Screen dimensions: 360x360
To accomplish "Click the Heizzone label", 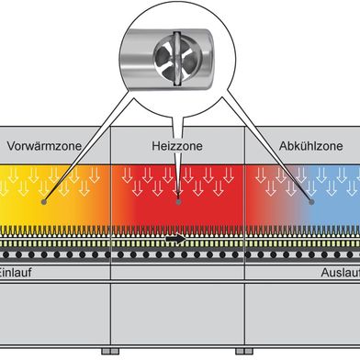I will click(176, 146).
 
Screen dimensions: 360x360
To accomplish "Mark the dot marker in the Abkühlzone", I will click(312, 196).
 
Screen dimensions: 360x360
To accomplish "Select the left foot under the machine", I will click(109, 352).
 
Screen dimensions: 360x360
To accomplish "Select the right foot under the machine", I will click(243, 352).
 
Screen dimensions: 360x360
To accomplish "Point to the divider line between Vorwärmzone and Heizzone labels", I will click(110, 146).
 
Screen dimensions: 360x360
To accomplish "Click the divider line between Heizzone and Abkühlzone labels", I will click(244, 146).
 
